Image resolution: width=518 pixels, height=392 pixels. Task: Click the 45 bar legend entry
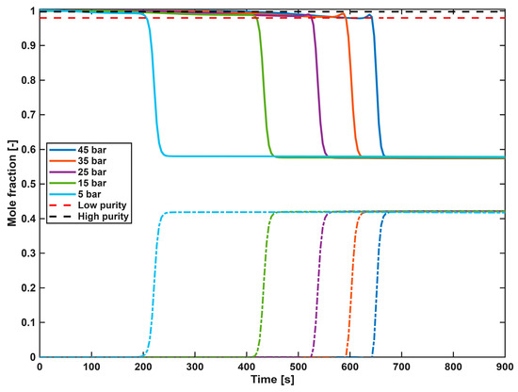point(78,150)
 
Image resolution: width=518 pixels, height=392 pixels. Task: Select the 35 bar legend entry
point(78,161)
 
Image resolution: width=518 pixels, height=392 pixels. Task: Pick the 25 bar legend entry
point(78,171)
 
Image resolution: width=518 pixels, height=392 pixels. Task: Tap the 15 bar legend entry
point(78,183)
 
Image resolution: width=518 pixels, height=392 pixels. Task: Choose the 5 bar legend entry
point(75,194)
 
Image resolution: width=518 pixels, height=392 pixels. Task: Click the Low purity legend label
point(102,205)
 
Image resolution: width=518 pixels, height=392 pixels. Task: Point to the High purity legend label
point(103,217)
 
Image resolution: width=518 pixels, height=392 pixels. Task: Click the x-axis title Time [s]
point(272,380)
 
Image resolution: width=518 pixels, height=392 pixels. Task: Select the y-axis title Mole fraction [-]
point(12,183)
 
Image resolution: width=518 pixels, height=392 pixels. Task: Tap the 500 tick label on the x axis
point(299,367)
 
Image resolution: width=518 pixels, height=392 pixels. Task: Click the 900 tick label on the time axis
point(505,367)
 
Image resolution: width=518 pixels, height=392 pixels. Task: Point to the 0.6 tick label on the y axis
point(28,150)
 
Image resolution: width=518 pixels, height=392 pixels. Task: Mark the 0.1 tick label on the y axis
point(28,322)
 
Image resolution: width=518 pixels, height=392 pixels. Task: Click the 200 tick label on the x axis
point(143,367)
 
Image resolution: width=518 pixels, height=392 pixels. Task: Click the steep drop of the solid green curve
point(264,86)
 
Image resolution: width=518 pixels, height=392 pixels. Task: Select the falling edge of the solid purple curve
point(317,86)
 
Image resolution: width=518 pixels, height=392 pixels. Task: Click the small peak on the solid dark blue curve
point(370,15)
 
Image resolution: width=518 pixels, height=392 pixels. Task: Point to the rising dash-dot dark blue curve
point(378,285)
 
